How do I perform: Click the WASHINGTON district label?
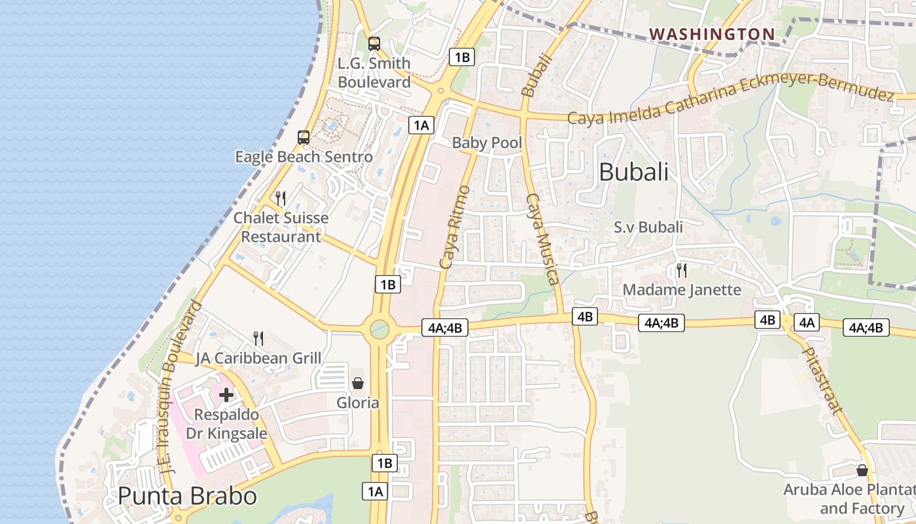coord(712,33)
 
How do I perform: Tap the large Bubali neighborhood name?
coord(633,172)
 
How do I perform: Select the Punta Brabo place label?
coord(187,496)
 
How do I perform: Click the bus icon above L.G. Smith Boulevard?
coord(374,44)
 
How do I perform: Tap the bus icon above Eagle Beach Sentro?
coord(304,138)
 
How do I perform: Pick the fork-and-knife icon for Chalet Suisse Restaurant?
coord(281,198)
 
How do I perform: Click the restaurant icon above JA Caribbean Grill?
coord(259,339)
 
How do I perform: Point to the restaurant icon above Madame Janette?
coord(682,270)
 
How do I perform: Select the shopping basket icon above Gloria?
coord(358,383)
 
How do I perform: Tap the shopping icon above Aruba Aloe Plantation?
coord(862,470)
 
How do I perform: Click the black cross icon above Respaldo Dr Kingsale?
coord(226,395)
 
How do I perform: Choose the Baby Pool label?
coord(487,143)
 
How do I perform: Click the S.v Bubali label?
coord(648,227)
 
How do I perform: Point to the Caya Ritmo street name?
coord(455,227)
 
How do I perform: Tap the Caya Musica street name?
coord(542,239)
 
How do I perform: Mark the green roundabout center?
coord(379,329)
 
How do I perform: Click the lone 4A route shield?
coord(806,322)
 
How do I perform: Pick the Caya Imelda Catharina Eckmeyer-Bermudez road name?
coord(730,100)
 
